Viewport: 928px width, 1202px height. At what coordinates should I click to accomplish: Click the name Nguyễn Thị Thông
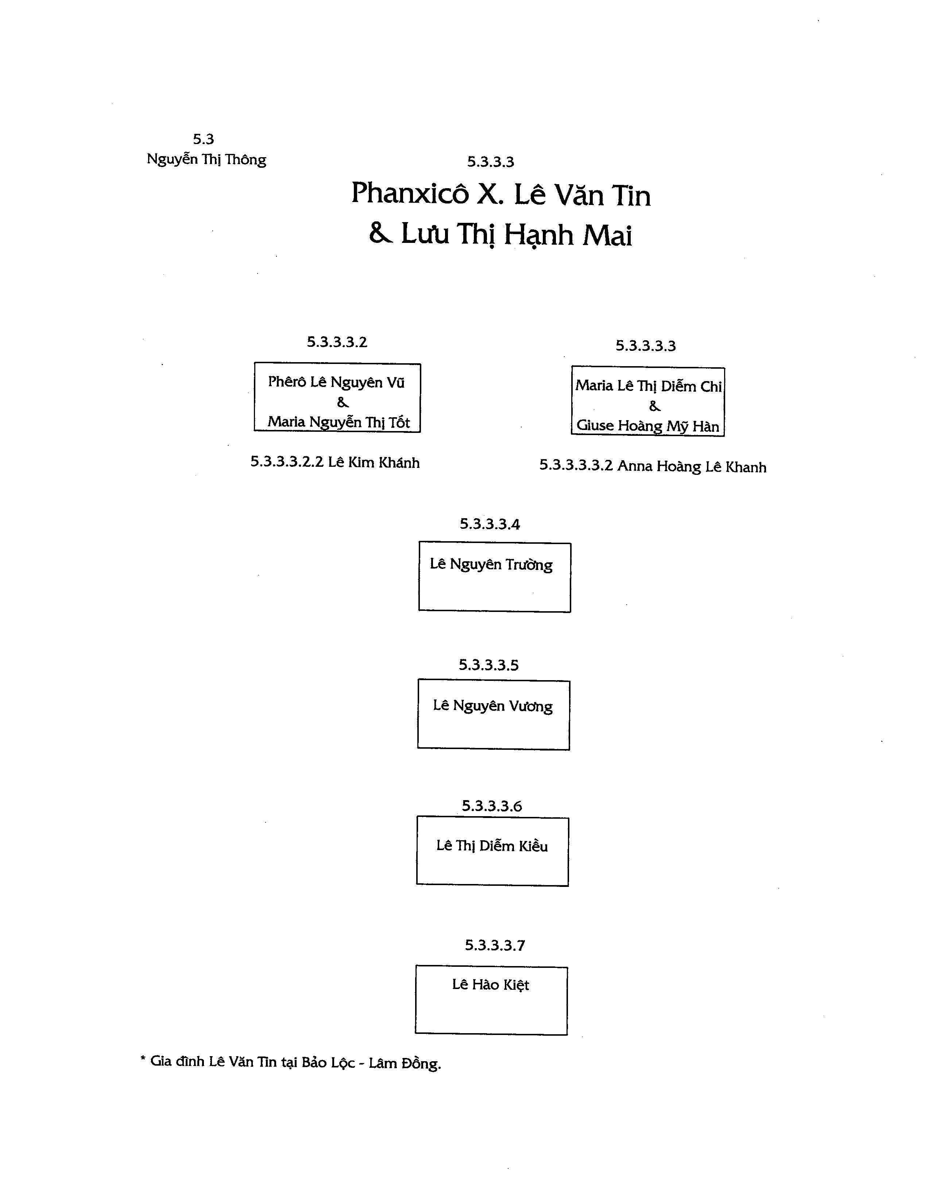coord(206,160)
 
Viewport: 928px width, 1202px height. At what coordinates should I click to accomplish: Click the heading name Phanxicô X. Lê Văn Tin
coord(501,194)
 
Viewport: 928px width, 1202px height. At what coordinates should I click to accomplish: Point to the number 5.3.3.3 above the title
coord(490,162)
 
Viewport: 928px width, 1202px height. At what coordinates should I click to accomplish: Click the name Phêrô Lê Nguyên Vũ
coord(336,382)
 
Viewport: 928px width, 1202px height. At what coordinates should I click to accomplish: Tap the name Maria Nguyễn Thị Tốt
coord(339,422)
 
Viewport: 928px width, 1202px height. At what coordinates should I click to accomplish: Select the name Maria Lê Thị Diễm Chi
coord(648,386)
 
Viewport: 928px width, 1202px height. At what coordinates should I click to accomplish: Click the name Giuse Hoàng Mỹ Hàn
coord(648,426)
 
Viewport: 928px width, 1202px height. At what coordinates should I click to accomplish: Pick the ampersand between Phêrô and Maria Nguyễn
coord(343,402)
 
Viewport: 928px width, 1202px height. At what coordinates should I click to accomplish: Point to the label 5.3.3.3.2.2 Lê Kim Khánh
coord(335,462)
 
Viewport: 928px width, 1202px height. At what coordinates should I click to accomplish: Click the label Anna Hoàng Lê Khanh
coord(692,467)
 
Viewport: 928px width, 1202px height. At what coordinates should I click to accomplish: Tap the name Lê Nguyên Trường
coord(491,565)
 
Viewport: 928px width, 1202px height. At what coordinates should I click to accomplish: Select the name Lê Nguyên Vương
coord(492,706)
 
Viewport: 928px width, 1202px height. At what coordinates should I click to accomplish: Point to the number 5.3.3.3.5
coord(489,666)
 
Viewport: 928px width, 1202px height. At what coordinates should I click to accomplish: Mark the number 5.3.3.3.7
coord(495,946)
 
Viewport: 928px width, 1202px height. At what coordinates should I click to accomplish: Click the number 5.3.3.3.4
coord(490,524)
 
